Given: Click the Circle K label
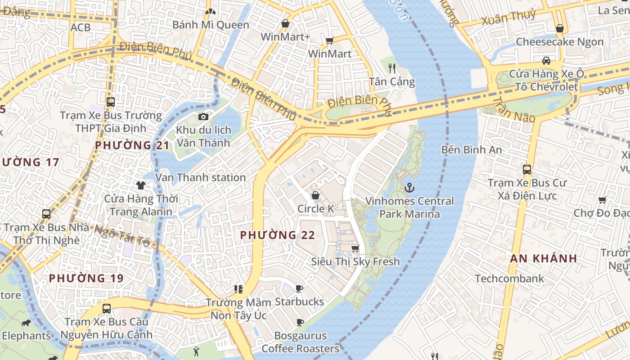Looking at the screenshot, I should click(315, 209).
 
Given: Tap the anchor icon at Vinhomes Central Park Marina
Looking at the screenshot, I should click(409, 187).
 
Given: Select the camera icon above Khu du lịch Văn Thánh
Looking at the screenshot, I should click(203, 117).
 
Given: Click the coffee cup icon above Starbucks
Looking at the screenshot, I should click(299, 288).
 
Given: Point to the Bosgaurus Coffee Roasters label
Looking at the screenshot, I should click(300, 342).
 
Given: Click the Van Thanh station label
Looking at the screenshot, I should click(200, 177).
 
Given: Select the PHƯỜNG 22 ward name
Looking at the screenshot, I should click(277, 235).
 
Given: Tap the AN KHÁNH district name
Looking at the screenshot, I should click(544, 258).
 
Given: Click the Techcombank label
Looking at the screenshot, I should click(509, 279).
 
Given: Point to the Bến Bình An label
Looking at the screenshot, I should click(471, 149).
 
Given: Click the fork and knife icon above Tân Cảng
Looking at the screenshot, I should click(392, 68).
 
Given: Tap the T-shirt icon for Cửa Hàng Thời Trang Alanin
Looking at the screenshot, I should click(141, 185).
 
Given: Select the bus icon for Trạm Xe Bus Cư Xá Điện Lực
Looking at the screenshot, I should click(527, 170).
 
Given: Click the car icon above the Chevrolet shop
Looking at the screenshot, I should click(546, 60).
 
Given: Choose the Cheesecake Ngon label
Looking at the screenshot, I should click(559, 42).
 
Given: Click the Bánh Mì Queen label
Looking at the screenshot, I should click(211, 25).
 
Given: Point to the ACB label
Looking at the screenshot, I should click(81, 27).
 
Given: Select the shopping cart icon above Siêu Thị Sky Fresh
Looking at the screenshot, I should click(355, 248).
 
